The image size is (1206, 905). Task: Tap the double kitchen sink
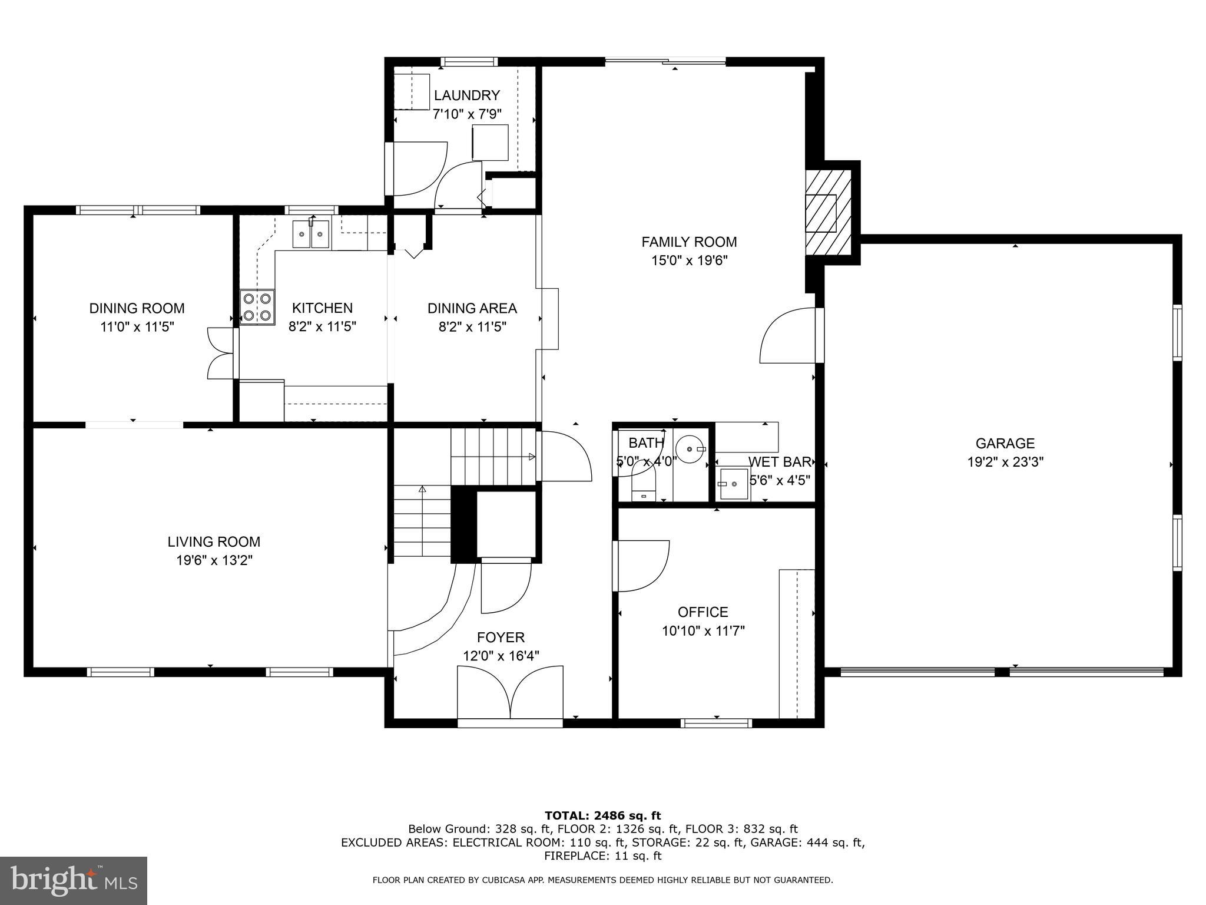tap(312, 235)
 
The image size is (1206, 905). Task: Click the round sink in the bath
tap(690, 449)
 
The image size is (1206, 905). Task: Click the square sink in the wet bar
tap(734, 484)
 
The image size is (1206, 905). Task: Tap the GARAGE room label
tap(1005, 443)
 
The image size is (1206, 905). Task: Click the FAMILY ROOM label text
tap(689, 242)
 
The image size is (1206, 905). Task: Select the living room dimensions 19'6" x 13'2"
tap(214, 560)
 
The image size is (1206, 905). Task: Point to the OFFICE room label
tap(703, 612)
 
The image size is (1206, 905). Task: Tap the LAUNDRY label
tap(467, 95)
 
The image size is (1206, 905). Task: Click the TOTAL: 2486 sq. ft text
tap(603, 816)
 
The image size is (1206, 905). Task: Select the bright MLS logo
tap(74, 881)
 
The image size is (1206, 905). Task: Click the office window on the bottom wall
tap(716, 723)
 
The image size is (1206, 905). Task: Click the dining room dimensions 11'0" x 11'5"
tap(137, 326)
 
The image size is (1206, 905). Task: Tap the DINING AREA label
tap(472, 308)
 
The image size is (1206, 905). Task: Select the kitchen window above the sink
tap(312, 210)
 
